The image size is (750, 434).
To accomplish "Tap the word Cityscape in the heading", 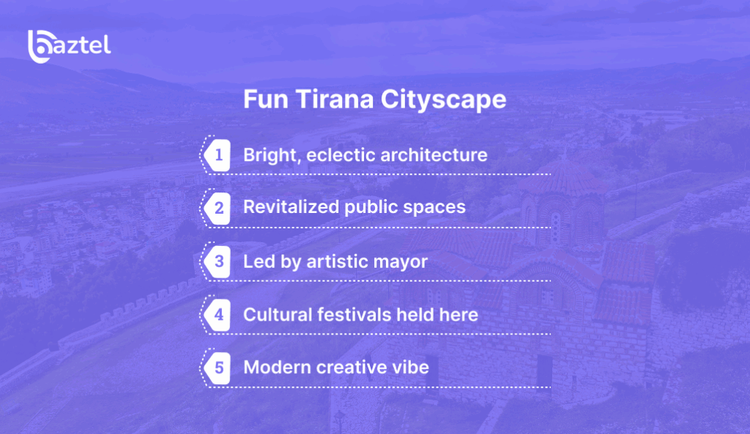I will (443, 100).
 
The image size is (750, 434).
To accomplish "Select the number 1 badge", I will (218, 155).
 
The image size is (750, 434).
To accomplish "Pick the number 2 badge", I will (218, 208).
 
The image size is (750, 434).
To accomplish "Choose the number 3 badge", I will (218, 261).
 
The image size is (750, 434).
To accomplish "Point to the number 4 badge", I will (218, 315).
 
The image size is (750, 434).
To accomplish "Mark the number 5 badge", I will (218, 367).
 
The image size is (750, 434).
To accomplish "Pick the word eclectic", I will (341, 155).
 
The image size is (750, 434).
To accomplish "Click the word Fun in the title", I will (264, 100).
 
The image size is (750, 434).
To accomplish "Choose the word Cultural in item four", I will (278, 315).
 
